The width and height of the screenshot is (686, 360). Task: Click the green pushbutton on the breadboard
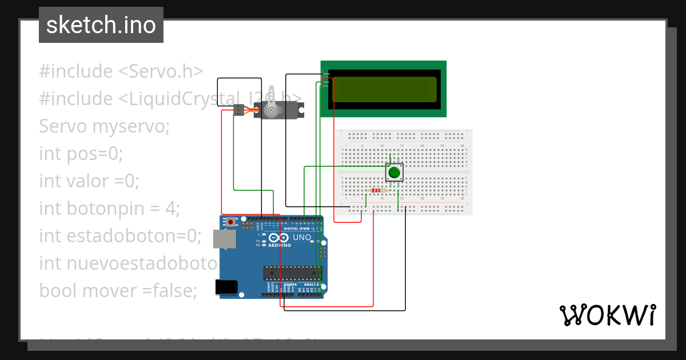pos(394,173)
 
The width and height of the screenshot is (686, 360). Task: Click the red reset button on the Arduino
pos(230,222)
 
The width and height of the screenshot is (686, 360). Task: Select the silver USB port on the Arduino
pos(225,239)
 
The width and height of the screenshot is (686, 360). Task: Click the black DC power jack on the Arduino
pos(225,287)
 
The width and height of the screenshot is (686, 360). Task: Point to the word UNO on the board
pos(302,238)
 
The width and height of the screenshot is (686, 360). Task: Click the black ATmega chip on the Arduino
pos(292,273)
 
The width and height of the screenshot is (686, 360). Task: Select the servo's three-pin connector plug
pos(238,110)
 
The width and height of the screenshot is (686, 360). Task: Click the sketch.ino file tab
pos(101,25)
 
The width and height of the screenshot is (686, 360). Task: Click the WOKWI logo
pos(608,315)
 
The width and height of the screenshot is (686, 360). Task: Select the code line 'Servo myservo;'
pos(105,126)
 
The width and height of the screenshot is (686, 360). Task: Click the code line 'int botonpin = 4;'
pos(109,208)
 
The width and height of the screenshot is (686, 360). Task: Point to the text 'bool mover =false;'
pos(118,290)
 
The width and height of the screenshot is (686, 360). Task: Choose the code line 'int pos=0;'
pos(81,153)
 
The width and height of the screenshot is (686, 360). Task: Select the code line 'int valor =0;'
pos(89,181)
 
